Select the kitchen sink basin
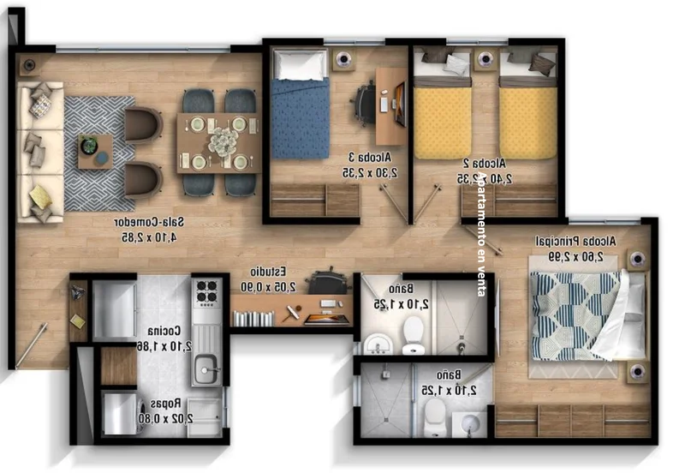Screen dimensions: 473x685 coord(205,370)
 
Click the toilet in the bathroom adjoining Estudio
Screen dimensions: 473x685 coord(414,332)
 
